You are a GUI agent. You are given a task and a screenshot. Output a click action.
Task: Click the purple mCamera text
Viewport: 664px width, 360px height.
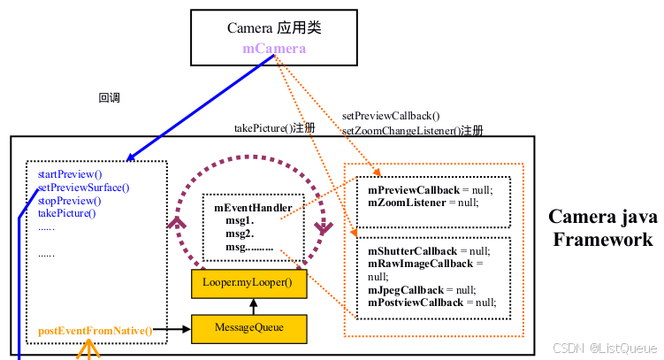pos(274,48)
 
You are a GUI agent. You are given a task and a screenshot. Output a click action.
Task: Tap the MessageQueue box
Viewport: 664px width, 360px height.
pos(250,327)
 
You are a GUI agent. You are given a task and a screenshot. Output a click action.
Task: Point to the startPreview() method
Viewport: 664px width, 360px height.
pos(70,174)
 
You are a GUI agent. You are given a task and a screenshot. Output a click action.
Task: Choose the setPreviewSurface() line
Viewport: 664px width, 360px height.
pos(83,187)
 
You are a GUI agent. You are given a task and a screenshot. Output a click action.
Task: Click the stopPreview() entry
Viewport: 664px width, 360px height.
pos(67,200)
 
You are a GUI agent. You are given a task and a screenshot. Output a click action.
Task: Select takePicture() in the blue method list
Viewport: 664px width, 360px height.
pos(66,212)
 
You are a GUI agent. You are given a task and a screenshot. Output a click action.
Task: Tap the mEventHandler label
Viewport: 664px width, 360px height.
pos(253,207)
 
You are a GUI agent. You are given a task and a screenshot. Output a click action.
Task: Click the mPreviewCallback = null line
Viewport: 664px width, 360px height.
pos(430,189)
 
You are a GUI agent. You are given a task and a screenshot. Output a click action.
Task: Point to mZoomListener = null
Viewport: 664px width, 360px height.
pos(423,202)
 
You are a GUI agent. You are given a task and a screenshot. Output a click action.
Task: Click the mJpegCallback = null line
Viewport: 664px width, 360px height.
pos(422,289)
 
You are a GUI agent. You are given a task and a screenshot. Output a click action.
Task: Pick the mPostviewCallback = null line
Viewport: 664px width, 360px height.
pos(431,302)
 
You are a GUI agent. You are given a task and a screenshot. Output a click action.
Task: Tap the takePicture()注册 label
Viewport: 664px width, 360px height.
pos(274,128)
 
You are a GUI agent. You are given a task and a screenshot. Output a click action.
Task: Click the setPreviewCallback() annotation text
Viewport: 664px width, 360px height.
pos(390,115)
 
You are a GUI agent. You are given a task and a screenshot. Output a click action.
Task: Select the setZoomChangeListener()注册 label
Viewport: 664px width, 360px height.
pos(412,130)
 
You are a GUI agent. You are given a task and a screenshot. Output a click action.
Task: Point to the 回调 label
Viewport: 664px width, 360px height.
pos(109,98)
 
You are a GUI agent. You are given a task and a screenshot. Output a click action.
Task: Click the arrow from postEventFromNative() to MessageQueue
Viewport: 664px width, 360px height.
pos(172,330)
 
